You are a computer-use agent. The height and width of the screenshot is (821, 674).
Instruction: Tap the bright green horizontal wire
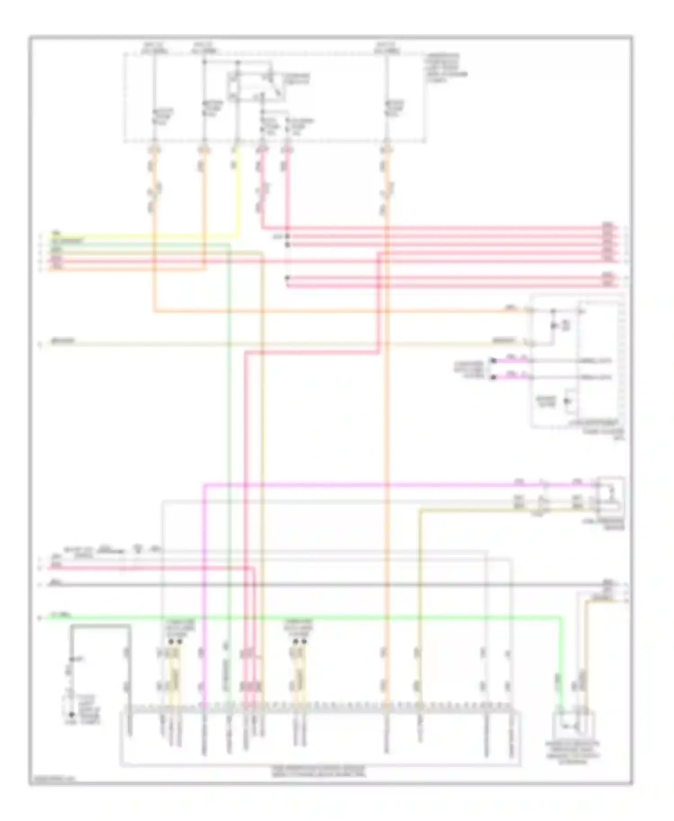(x=315, y=618)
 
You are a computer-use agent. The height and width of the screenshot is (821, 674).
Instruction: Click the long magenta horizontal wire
(x=359, y=485)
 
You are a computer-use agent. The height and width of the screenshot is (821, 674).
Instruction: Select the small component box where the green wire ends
(x=576, y=724)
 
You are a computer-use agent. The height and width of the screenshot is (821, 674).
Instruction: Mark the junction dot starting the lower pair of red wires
(x=287, y=278)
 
